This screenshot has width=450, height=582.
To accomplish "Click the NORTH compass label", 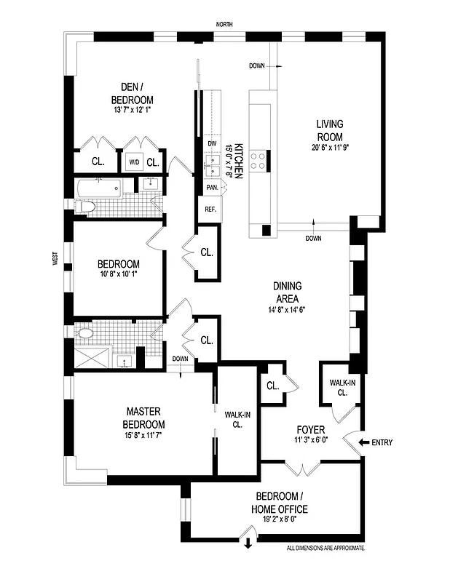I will pos(224,25).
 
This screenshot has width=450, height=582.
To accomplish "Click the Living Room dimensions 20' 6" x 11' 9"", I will pos(329,149).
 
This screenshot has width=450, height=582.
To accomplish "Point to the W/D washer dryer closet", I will pos(134,162).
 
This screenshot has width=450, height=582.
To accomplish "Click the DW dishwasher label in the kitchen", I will pos(212,144).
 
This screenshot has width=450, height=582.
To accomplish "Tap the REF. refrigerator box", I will pos(211,210).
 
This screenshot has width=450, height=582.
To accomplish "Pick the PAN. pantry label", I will pos(212,188).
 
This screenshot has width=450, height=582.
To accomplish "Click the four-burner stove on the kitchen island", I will pos(258,162).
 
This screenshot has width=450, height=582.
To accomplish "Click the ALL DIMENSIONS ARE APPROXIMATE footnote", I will pos(325,548).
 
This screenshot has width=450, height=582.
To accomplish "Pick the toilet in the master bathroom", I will pos(85,334).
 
